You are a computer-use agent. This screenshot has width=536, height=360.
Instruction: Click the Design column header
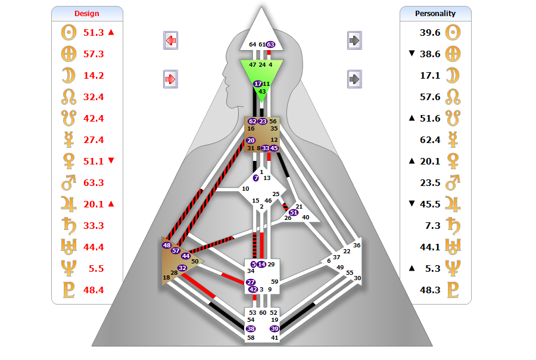coord(87,13)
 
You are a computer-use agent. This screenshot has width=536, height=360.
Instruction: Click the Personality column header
coord(435,13)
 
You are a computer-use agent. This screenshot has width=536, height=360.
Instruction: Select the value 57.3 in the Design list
coord(94,54)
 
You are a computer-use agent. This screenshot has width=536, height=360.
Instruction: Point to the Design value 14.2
coord(94,75)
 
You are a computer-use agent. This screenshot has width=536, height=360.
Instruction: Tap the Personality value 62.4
coord(430,139)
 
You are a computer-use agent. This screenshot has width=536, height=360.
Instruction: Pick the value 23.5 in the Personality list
coord(430,182)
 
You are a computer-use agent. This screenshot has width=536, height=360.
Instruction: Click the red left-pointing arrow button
coord(171,41)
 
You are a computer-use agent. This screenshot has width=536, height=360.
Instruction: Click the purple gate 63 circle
coord(270,44)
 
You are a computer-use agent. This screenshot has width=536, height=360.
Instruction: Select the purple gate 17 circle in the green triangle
coord(258,84)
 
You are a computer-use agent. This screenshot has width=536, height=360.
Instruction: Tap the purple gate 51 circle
coord(293,213)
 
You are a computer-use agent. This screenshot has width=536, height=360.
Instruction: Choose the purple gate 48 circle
coord(167,245)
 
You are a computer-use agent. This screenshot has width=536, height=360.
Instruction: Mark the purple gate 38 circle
coord(251,328)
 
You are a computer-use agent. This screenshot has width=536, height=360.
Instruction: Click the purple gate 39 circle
coord(274,328)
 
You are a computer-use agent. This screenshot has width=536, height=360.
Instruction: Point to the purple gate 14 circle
coord(261,264)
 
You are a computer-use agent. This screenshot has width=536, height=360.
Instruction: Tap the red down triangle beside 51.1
coord(111,161)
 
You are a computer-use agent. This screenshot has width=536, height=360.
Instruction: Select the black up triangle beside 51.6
coord(411,118)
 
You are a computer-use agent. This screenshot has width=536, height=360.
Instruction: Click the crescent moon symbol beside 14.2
coord(68,75)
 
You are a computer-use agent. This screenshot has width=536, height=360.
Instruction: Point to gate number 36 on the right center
coord(357,245)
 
